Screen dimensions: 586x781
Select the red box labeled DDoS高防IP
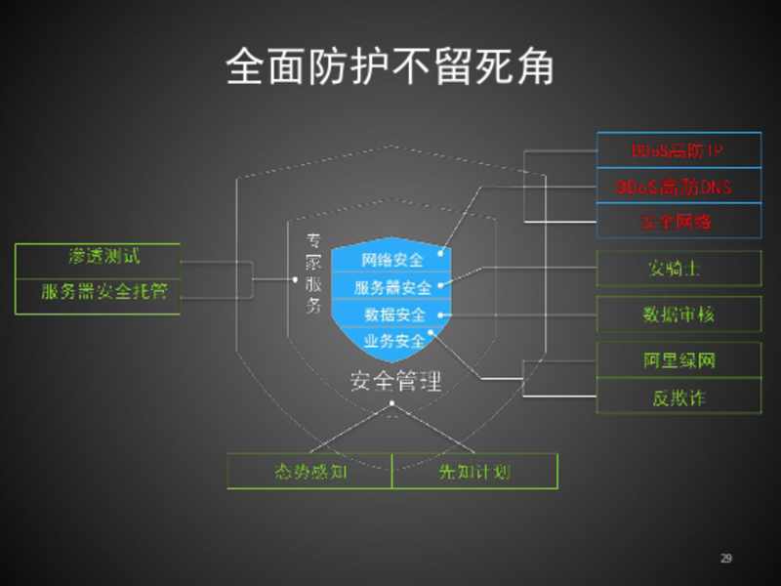pyautogui.click(x=678, y=150)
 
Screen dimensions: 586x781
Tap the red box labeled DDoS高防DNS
pyautogui.click(x=678, y=186)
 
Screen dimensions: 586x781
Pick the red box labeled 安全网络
pyautogui.click(x=678, y=222)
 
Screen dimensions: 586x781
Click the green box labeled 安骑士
pyautogui.click(x=678, y=268)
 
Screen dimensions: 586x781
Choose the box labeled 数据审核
pyautogui.click(x=678, y=314)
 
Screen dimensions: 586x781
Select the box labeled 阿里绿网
pyautogui.click(x=678, y=360)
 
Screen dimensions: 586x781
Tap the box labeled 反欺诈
pyautogui.click(x=678, y=397)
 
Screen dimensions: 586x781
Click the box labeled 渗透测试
pyautogui.click(x=98, y=258)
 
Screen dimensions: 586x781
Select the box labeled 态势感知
pyautogui.click(x=309, y=472)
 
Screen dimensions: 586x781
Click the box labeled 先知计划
pyautogui.click(x=474, y=472)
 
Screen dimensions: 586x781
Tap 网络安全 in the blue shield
pyautogui.click(x=391, y=260)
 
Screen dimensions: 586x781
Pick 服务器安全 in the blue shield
pyautogui.click(x=391, y=287)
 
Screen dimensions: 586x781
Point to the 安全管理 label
pyautogui.click(x=395, y=380)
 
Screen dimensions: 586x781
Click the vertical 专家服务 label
pyautogui.click(x=313, y=272)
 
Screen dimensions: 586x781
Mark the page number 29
pyautogui.click(x=725, y=559)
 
